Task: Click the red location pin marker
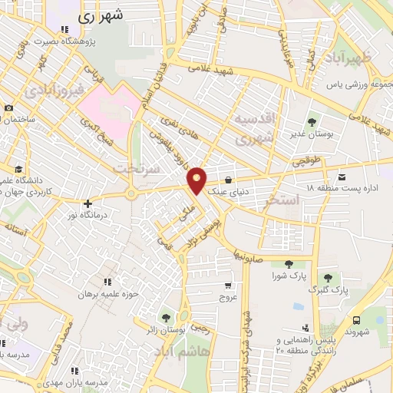click(x=197, y=180)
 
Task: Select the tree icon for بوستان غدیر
click(x=312, y=121)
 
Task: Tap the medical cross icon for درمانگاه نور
click(x=89, y=204)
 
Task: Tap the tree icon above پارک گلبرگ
click(x=329, y=278)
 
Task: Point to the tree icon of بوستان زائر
click(x=165, y=317)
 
